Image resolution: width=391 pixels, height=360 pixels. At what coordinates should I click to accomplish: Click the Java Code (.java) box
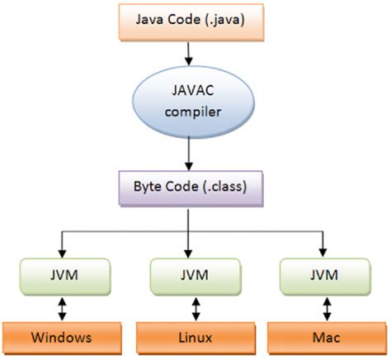(191, 22)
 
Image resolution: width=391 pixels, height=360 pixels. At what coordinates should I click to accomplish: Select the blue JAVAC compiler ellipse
(193, 102)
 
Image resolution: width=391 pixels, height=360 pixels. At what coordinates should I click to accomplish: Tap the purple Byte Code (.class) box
(191, 188)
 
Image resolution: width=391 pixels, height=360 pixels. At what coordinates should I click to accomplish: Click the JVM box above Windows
(65, 277)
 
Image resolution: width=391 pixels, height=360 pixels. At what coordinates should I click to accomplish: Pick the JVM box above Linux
(195, 277)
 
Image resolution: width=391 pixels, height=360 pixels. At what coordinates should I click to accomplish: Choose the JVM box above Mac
(325, 277)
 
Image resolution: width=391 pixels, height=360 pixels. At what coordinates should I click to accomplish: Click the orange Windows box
(62, 338)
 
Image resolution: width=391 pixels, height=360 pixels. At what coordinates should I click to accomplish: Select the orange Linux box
(195, 338)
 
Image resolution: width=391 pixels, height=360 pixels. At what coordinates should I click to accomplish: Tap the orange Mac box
(327, 338)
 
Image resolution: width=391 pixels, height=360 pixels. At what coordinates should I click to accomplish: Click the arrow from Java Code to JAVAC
(188, 54)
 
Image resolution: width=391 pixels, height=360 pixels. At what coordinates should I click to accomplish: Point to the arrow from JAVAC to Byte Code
(188, 154)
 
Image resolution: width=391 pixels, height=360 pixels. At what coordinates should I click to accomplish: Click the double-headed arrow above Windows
(63, 309)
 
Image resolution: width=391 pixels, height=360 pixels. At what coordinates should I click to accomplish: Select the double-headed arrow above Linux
(195, 309)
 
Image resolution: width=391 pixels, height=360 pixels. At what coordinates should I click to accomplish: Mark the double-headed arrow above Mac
(327, 309)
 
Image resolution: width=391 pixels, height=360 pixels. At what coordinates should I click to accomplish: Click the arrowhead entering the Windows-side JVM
(63, 253)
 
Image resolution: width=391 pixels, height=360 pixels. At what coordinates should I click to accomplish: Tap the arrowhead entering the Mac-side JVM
(323, 253)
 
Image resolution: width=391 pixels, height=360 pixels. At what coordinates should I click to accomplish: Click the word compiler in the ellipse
(193, 112)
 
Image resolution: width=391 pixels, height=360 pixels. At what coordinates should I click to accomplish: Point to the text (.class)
(224, 187)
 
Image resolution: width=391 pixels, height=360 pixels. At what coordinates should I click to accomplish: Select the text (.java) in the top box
(224, 20)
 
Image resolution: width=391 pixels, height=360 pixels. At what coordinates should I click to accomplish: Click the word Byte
(147, 187)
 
